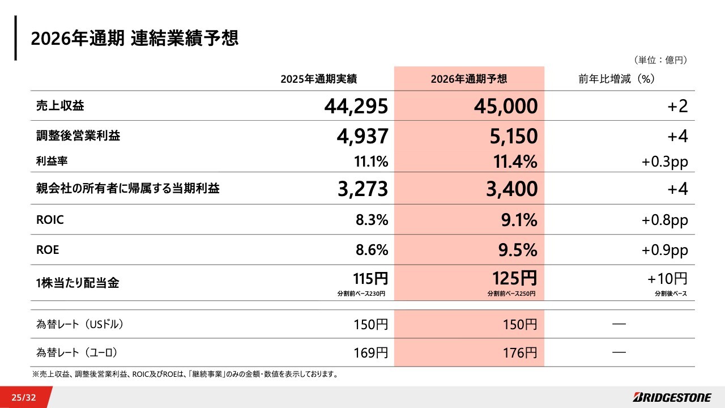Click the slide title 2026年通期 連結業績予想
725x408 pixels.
[x=135, y=39]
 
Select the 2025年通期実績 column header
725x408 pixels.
[x=318, y=79]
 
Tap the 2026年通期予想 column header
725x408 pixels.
[x=468, y=79]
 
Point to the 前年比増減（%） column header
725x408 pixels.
[x=617, y=79]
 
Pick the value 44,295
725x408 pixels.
[x=356, y=106]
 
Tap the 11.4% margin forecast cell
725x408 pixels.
[x=514, y=162]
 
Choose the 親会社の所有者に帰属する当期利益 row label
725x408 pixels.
[x=127, y=189]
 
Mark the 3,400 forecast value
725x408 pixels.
[x=511, y=189]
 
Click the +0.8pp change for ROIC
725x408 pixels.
[x=664, y=220]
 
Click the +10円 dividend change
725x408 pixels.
[x=667, y=278]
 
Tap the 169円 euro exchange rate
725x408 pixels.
[x=371, y=352]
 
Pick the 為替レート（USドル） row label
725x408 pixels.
[x=80, y=325]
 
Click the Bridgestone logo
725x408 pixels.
[x=673, y=397]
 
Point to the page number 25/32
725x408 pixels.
[x=23, y=397]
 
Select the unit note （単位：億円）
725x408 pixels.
[x=660, y=59]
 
